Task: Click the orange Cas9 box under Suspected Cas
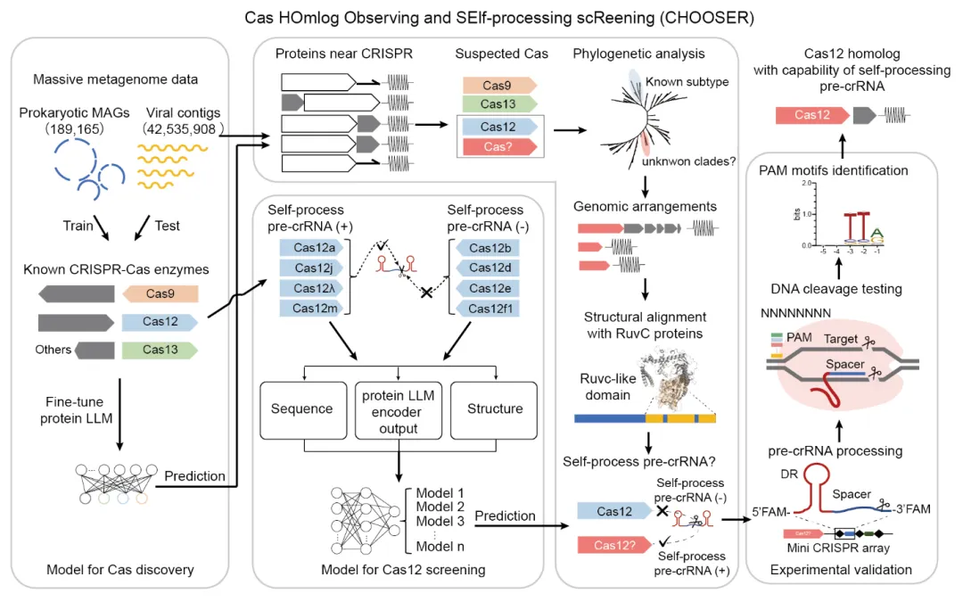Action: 498,85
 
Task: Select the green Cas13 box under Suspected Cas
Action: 498,104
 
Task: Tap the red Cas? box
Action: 498,146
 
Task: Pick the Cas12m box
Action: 311,308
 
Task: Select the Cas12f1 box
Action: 488,308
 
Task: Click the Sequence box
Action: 302,408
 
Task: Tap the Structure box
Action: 495,408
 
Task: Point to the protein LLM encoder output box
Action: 398,408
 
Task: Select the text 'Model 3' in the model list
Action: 434,522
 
